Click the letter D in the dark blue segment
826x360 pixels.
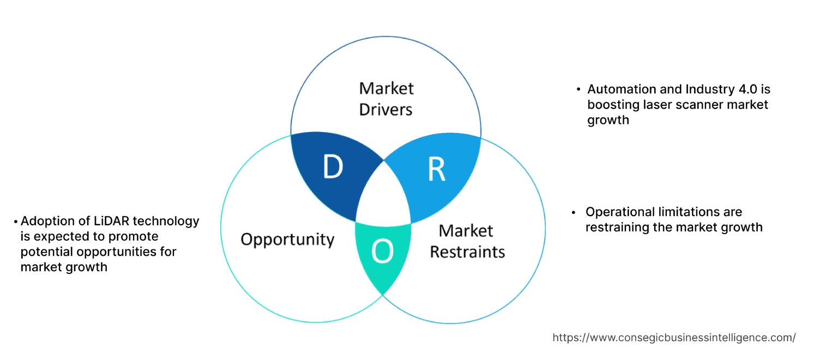pyautogui.click(x=333, y=167)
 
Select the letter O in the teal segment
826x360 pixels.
pyautogui.click(x=382, y=251)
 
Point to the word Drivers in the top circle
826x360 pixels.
pyautogui.click(x=385, y=109)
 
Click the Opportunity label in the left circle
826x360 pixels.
pyautogui.click(x=287, y=239)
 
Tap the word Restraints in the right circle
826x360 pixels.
pyautogui.click(x=467, y=252)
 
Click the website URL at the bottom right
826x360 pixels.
pyautogui.click(x=674, y=338)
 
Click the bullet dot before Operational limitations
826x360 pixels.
pyautogui.click(x=574, y=212)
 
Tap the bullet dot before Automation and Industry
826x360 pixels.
pyautogui.click(x=578, y=89)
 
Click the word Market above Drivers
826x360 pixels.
pyautogui.click(x=386, y=88)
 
